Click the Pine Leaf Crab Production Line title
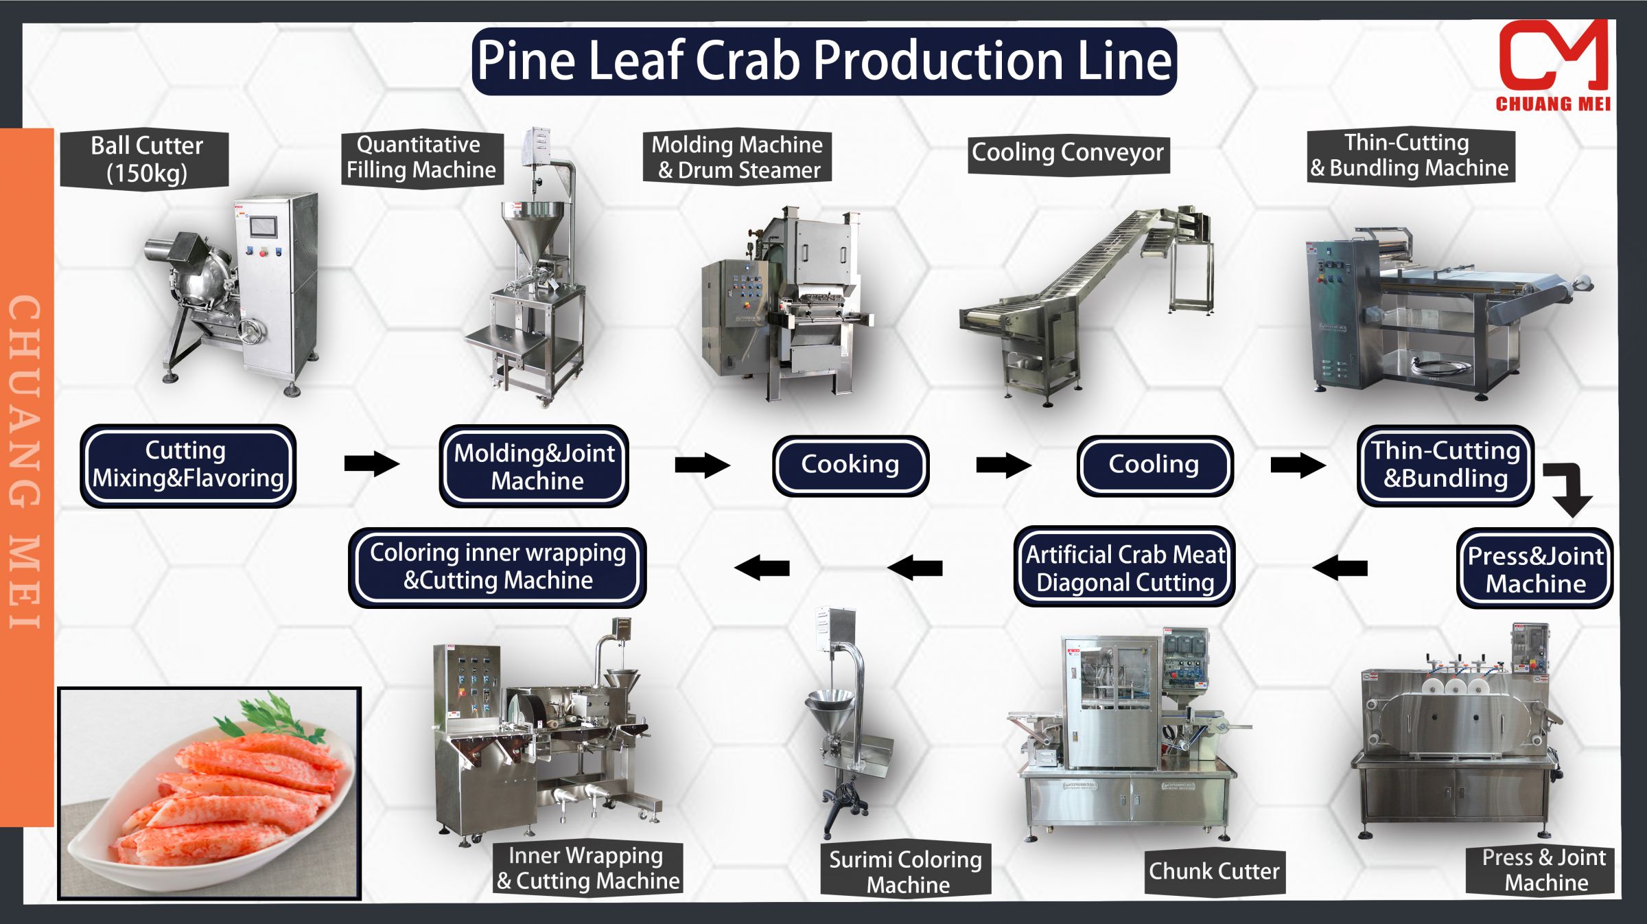coord(823,61)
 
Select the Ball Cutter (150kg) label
coord(145,159)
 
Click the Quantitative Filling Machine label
coord(421,158)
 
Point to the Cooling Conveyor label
coord(1068,153)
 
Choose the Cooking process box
coord(850,465)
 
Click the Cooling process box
coord(1154,465)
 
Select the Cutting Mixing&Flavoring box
coord(188,465)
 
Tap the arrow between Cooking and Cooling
coord(1003,465)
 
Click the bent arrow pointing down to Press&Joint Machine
coord(1570,489)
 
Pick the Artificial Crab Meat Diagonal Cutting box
coord(1125,568)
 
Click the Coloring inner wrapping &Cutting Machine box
coord(498,567)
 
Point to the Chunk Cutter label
coord(1214,872)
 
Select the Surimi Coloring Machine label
coord(906,872)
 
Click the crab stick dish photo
coord(209,793)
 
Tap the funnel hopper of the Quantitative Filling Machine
coord(532,227)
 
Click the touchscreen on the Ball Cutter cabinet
coord(264,227)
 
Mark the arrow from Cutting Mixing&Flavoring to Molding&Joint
coord(371,463)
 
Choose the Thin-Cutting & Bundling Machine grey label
coord(1410,156)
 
